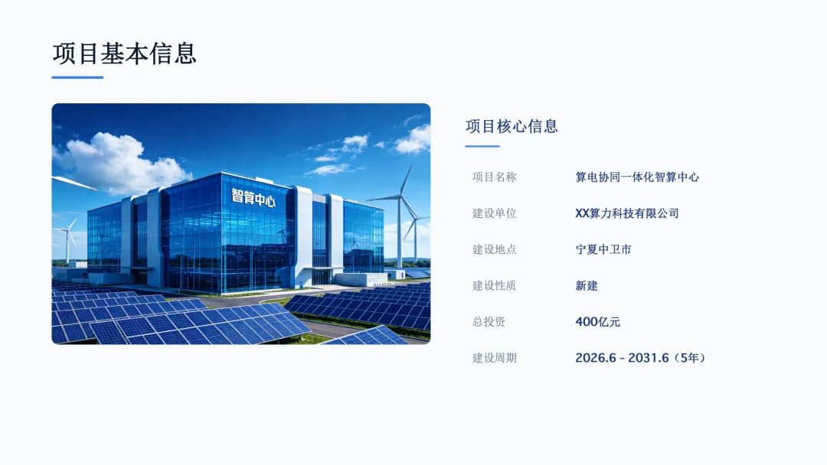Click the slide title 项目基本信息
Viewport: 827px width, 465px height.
(125, 54)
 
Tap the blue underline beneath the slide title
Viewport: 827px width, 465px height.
(77, 77)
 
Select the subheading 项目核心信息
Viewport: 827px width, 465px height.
(512, 126)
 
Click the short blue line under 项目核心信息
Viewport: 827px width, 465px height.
(482, 146)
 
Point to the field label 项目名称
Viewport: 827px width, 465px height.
(494, 177)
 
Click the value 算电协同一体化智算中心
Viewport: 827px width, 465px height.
(637, 177)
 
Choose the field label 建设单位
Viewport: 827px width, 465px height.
(494, 213)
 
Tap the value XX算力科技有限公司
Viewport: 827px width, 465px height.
(627, 213)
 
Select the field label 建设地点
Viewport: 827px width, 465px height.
(494, 249)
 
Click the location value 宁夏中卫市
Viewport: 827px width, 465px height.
(603, 249)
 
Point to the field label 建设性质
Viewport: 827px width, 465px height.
(494, 285)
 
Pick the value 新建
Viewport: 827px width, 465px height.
(587, 285)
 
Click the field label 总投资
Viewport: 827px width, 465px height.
(489, 322)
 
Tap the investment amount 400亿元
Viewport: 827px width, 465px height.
(597, 322)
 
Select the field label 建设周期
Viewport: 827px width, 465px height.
(494, 358)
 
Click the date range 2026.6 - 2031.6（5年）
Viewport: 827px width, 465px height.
(640, 358)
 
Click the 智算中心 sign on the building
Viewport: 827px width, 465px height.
(253, 197)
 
